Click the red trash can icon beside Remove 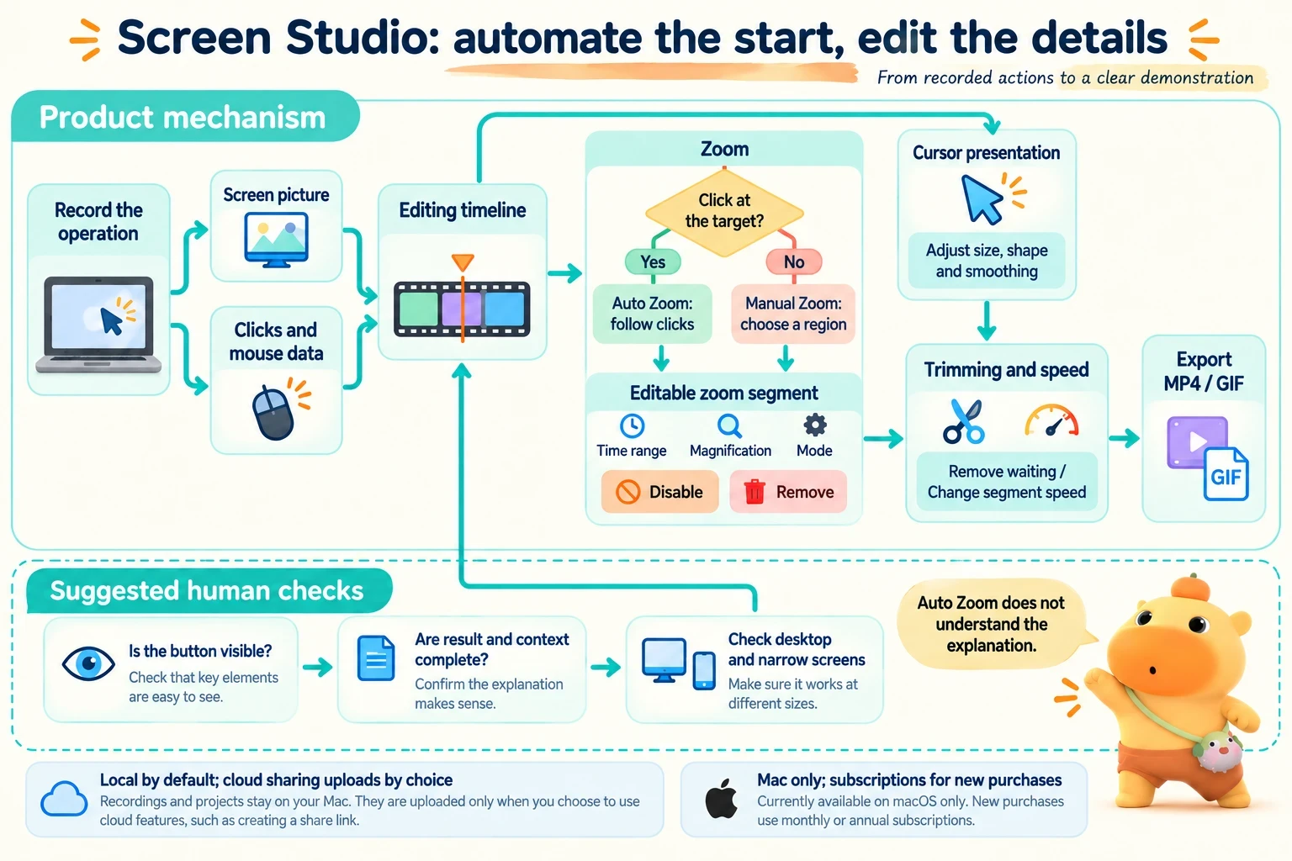coord(754,492)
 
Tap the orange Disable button coord(659,492)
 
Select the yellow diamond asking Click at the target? coord(724,212)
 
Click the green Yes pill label coord(653,261)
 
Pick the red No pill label coord(794,261)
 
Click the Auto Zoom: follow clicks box coord(653,314)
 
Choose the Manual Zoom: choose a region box coord(793,314)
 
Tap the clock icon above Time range coord(633,425)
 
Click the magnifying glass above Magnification coord(729,426)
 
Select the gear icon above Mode coord(814,425)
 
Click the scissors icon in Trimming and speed coord(963,421)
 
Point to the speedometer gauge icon coord(1051,420)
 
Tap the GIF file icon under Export coord(1226,474)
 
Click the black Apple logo coord(722,798)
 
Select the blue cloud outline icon coord(64,799)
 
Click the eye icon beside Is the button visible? coord(88,663)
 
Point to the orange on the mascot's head coord(1191,589)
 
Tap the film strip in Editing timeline coord(462,309)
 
